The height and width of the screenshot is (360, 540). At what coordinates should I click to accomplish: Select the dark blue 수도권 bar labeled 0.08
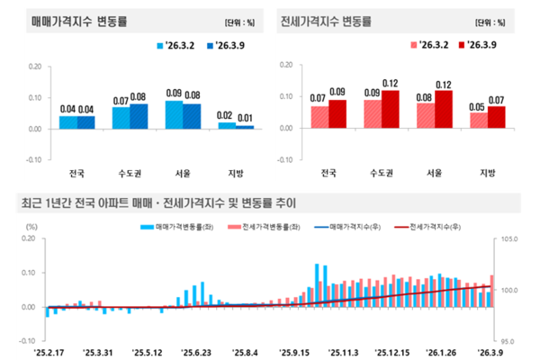(139, 116)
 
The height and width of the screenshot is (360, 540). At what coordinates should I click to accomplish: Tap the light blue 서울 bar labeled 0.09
(175, 114)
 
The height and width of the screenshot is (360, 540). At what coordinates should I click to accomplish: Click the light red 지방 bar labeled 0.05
(479, 120)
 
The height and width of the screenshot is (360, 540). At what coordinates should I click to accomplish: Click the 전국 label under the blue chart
(76, 174)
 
